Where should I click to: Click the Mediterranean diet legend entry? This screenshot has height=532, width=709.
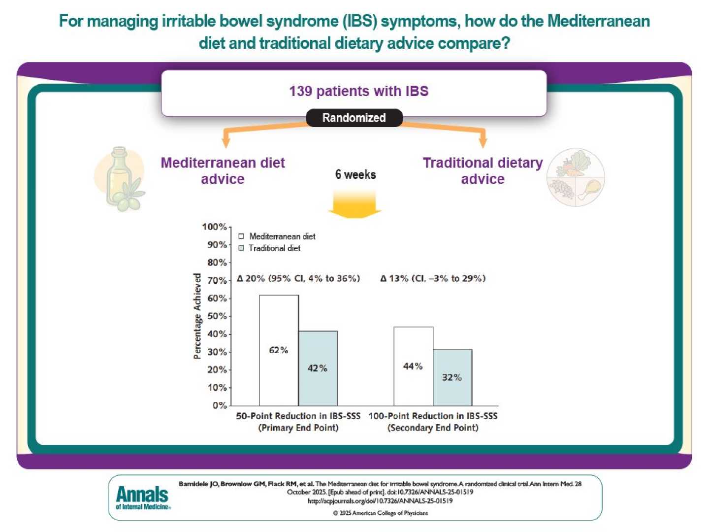click(x=277, y=236)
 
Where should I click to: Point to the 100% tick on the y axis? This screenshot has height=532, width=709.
click(x=215, y=227)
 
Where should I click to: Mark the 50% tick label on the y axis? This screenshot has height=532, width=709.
click(x=217, y=316)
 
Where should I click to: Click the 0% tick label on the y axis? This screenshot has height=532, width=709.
click(x=220, y=405)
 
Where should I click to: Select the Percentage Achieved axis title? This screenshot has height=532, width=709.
click(x=197, y=316)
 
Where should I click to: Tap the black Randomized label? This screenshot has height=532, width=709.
click(x=354, y=118)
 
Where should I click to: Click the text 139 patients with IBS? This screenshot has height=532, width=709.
click(x=358, y=91)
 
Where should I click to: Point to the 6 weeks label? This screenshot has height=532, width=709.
click(x=355, y=174)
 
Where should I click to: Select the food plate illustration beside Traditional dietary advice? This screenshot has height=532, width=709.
click(x=576, y=177)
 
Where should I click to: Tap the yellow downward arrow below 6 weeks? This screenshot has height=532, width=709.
click(x=354, y=204)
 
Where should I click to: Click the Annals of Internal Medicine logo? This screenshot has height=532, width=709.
click(x=143, y=497)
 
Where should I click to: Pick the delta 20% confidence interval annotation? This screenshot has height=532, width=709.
click(x=298, y=278)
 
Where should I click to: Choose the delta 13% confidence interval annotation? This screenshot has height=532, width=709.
click(x=433, y=278)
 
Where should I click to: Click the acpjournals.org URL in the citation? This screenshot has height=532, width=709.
click(x=380, y=501)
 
